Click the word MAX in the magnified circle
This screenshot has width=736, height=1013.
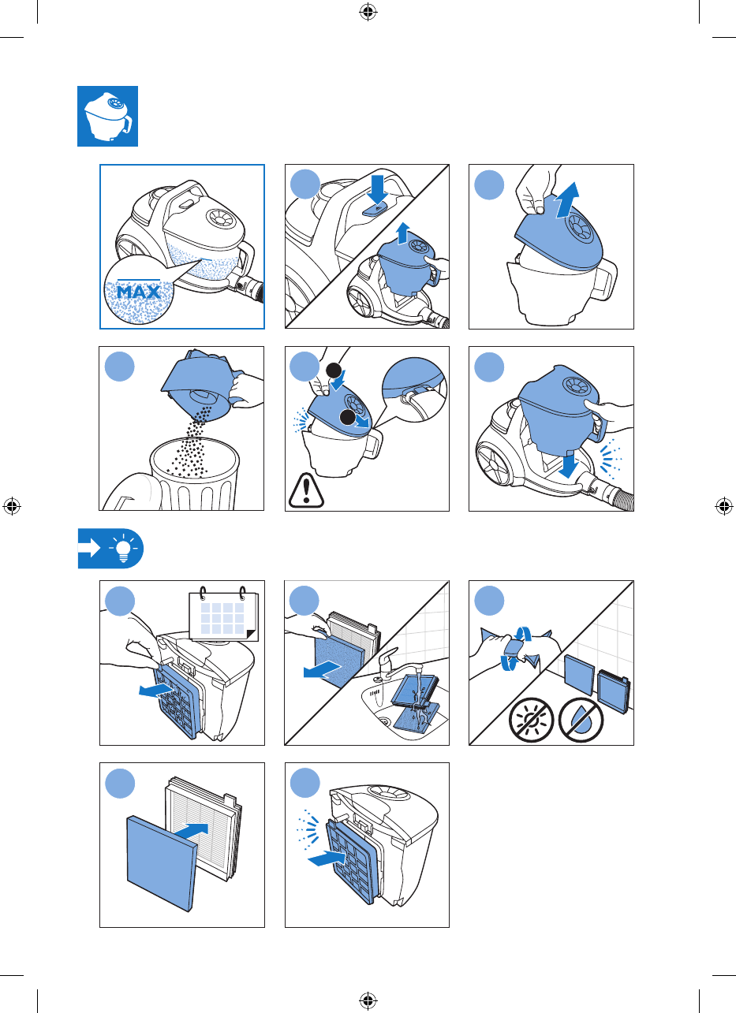tap(139, 292)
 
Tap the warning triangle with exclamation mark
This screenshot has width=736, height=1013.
tap(306, 490)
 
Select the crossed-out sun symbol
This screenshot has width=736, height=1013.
tap(531, 720)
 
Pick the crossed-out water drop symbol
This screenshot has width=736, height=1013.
tap(581, 720)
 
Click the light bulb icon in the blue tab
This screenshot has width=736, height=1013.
tap(123, 548)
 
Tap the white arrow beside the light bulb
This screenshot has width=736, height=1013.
tap(89, 548)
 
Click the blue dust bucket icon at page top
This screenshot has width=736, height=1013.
tap(108, 116)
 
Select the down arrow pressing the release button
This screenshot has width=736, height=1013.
tap(377, 189)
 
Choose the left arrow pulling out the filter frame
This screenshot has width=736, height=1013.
tap(155, 690)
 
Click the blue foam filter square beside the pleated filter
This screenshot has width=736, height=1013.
tap(162, 863)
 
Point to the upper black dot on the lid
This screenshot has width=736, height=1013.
tap(334, 371)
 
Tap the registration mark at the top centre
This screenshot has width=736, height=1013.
tap(368, 12)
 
